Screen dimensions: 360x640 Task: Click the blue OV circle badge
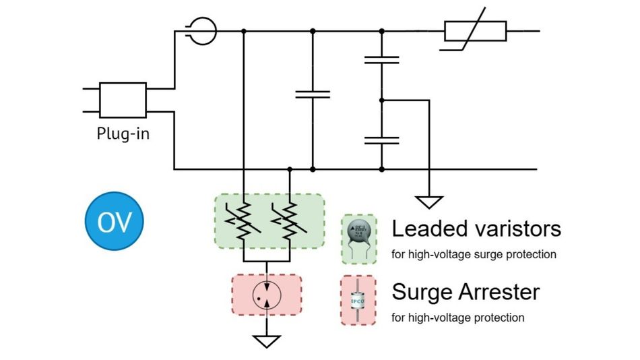click(114, 222)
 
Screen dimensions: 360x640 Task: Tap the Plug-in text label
click(123, 133)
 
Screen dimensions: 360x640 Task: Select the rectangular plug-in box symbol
click(123, 100)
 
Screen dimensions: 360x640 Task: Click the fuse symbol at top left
click(201, 31)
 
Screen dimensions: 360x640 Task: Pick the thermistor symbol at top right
click(475, 31)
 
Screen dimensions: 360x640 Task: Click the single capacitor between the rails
click(313, 94)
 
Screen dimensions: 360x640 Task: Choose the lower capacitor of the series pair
click(381, 140)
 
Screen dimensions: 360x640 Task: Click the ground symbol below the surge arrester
click(267, 341)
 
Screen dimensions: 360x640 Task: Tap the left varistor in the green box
click(243, 220)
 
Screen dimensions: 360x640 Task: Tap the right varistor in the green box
click(289, 220)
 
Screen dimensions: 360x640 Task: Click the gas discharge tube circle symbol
click(267, 295)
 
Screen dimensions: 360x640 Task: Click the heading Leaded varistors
click(476, 229)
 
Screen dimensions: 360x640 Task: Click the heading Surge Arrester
click(466, 292)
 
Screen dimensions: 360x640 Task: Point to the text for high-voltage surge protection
click(474, 255)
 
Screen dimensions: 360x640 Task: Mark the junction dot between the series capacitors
click(381, 100)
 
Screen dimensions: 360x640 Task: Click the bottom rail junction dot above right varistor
click(289, 169)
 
